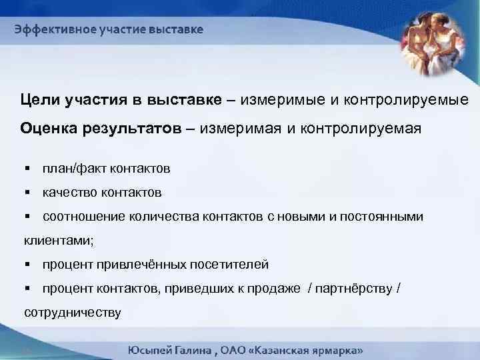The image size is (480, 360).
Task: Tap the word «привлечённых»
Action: [137, 265]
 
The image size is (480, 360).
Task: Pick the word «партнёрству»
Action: [354, 289]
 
